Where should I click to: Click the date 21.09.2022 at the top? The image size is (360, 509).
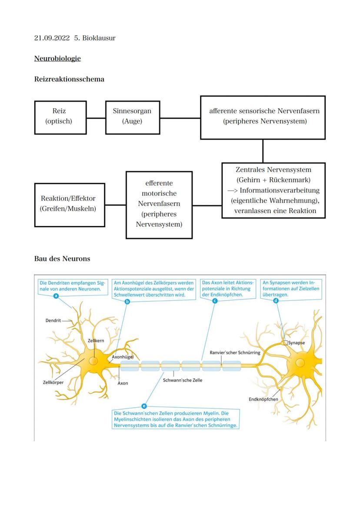pos(52,38)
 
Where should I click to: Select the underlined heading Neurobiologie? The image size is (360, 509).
pos(57,58)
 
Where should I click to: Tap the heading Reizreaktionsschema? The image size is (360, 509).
pos(69,79)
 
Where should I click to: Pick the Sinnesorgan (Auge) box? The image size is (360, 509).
pos(132,116)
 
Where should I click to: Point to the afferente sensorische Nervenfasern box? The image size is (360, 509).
pos(263,117)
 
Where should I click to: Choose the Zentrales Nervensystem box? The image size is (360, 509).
pos(273,190)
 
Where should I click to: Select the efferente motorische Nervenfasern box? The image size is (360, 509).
pos(159,204)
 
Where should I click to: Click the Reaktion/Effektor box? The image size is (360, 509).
pos(70,204)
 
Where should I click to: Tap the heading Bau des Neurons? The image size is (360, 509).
pos(62,259)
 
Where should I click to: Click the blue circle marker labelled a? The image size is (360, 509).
pos(56,296)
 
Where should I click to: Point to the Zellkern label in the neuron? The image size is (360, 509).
pos(96,341)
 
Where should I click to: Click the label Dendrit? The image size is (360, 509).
pos(53,320)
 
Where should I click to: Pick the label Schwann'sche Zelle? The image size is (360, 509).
pos(182,380)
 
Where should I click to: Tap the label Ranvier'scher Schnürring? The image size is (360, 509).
pos(235,353)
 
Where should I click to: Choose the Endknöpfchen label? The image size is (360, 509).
pos(263,399)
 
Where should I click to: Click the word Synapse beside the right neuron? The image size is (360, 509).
pos(297,343)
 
